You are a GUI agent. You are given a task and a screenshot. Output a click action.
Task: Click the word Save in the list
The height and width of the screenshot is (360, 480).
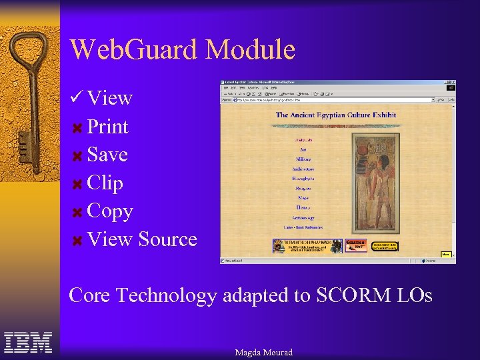tap(107, 155)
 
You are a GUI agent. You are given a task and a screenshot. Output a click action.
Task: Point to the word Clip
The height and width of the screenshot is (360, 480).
tap(105, 183)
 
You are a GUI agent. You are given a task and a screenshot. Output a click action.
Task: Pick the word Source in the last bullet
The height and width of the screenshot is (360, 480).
tap(167, 239)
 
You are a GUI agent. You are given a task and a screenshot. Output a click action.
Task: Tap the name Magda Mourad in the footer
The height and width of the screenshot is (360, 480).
tap(263, 352)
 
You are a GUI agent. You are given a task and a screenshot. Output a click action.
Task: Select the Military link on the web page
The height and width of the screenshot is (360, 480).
tap(303, 159)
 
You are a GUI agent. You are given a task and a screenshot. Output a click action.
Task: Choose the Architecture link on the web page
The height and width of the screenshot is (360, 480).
tap(303, 169)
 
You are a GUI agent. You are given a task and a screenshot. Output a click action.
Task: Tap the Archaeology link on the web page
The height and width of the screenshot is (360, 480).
tap(303, 218)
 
